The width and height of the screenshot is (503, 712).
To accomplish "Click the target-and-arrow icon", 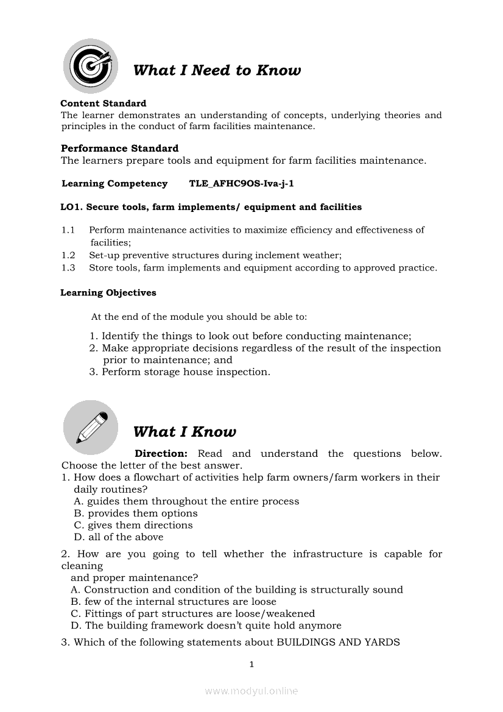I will tap(91, 66).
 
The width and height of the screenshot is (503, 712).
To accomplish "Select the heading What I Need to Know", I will tap(217, 71).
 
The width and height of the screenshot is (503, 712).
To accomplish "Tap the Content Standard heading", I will tap(104, 104).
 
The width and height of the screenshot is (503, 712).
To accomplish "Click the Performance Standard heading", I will tap(120, 149).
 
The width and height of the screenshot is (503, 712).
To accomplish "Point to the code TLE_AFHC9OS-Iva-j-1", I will tap(242, 183).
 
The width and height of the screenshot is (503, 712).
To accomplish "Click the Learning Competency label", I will tap(114, 183).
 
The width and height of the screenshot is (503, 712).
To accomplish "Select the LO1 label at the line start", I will tap(71, 207).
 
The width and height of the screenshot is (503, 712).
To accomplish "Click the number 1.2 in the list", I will tap(68, 256).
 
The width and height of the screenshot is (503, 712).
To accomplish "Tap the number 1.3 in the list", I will tap(68, 268).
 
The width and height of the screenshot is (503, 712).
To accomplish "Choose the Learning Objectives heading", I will tap(108, 293).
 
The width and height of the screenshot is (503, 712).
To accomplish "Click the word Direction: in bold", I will tap(161, 454).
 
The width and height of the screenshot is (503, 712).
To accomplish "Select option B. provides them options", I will tap(136, 513).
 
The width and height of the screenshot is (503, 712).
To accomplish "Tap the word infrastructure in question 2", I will tap(326, 554).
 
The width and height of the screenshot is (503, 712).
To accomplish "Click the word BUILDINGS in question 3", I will tap(308, 642).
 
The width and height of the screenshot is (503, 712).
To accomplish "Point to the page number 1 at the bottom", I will tap(251, 664).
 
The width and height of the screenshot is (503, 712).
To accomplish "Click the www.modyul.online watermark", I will tap(251, 691).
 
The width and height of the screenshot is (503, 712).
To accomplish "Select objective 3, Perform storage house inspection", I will tap(180, 372).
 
